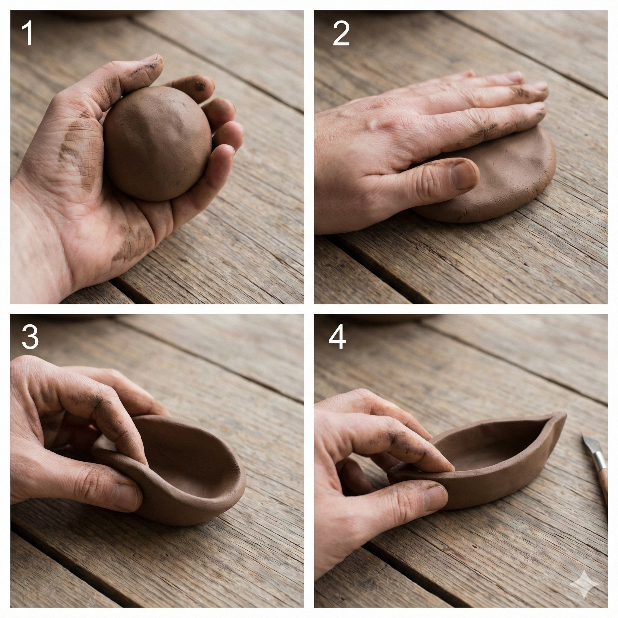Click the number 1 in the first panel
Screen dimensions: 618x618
click(x=27, y=33)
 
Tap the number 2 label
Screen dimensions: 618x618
click(x=341, y=33)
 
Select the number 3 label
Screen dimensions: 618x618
click(x=30, y=337)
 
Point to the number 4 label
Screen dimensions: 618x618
click(x=337, y=337)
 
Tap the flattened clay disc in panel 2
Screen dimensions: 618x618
click(x=499, y=179)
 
